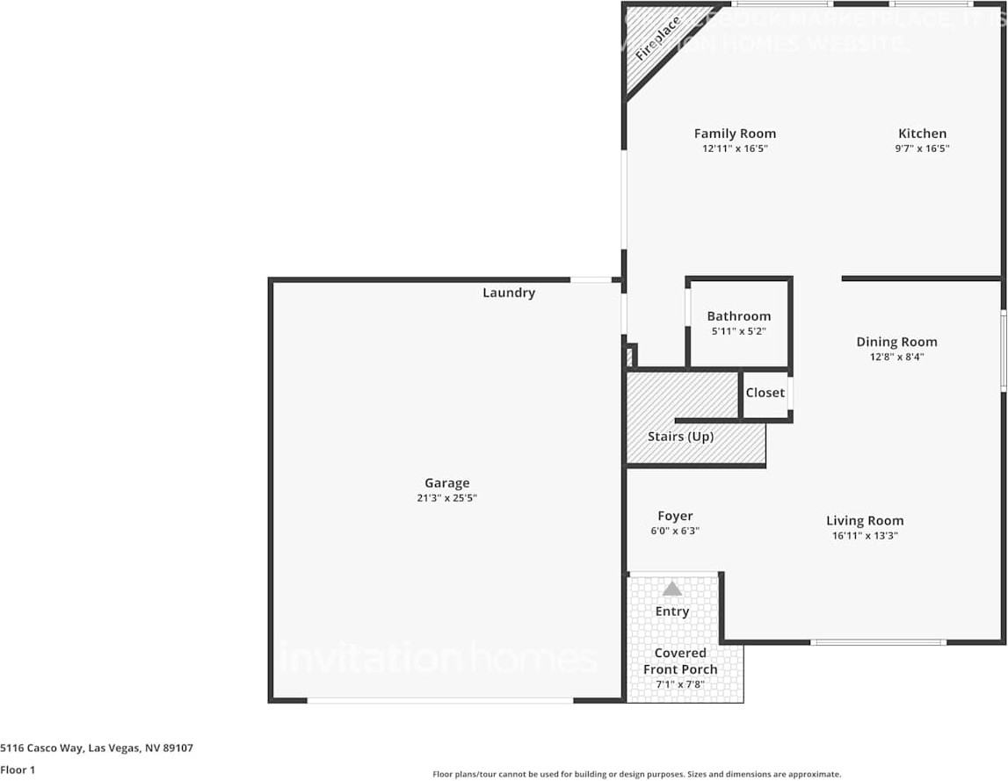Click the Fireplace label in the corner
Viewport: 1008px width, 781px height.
pos(658,38)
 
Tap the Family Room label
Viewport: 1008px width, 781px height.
pos(735,134)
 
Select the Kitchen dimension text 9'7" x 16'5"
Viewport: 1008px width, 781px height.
pos(922,148)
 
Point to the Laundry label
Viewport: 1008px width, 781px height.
pos(509,293)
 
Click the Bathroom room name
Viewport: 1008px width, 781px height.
pos(738,316)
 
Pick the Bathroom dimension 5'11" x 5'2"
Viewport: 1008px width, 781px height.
pos(738,331)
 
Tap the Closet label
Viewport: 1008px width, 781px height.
pos(765,393)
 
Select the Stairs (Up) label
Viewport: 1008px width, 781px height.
pos(680,436)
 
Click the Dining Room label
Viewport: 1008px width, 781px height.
pos(896,342)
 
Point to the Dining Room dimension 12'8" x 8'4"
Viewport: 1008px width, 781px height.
pos(896,357)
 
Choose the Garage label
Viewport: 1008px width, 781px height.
pos(447,482)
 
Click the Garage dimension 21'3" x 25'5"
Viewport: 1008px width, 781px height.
pos(447,498)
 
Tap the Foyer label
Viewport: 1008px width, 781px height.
pos(675,516)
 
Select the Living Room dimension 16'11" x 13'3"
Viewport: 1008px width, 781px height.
pos(865,535)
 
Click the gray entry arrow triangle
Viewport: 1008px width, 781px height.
pos(672,589)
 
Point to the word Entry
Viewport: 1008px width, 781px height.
pos(672,611)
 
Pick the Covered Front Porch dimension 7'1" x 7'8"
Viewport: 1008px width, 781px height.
pos(680,683)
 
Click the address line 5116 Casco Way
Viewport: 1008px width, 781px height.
pos(97,748)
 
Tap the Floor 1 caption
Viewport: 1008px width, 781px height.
pos(18,770)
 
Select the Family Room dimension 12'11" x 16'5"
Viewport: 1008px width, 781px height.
pos(735,148)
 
